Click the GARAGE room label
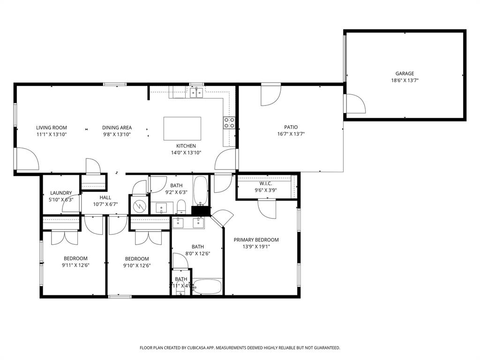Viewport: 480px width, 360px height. point(404,74)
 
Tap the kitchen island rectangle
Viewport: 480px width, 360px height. point(182,128)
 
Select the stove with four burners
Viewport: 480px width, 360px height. point(229,123)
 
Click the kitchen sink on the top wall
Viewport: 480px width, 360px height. point(196,93)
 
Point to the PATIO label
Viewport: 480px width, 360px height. point(291,127)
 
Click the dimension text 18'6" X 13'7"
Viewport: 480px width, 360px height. point(404,81)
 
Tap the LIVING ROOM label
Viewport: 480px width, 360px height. point(52,127)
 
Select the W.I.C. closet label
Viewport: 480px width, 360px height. point(266,184)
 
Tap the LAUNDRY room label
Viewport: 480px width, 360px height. point(61,193)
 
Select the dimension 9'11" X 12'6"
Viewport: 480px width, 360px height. point(75,265)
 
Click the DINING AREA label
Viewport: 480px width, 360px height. point(117,127)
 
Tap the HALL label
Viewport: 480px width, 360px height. point(105,197)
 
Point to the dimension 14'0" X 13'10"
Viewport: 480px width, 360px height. point(186,153)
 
